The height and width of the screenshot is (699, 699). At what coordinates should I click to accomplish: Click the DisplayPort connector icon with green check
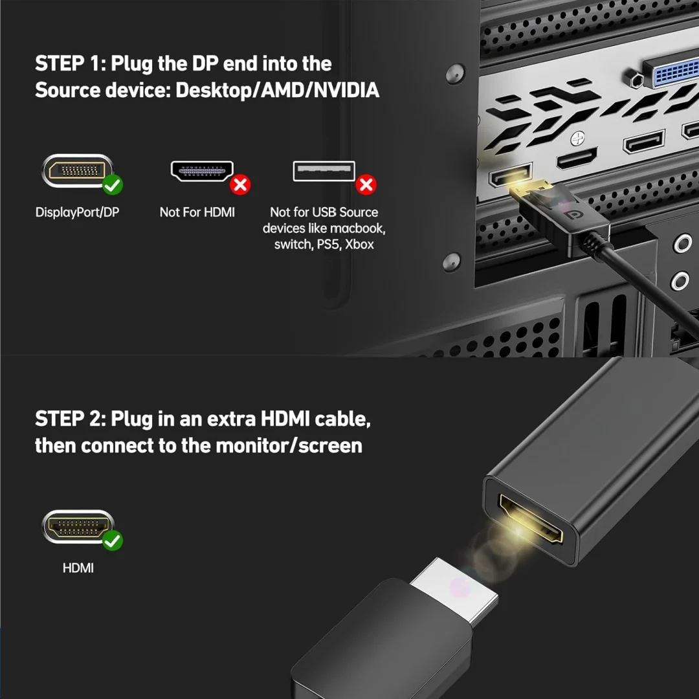pos(76,171)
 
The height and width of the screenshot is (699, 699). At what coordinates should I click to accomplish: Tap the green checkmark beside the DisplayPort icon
pos(113,184)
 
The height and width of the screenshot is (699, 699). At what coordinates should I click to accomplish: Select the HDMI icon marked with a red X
pos(202,171)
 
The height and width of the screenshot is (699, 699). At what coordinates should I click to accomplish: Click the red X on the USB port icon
pos(366,184)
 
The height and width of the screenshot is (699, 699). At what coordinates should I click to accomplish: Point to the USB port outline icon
pos(324,171)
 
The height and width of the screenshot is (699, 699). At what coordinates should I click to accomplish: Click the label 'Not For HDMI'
pos(197,212)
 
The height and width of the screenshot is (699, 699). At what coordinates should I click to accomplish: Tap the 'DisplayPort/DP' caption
pos(77,212)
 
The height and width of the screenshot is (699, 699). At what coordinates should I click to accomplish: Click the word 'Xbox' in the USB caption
pos(359,244)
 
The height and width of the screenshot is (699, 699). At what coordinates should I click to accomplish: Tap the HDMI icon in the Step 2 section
pos(78,526)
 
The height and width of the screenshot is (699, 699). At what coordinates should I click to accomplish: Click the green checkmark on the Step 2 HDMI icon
pos(113,540)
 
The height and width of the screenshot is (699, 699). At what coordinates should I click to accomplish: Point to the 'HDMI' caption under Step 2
pos(78,568)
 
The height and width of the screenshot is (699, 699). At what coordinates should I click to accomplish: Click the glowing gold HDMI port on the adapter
pos(531,518)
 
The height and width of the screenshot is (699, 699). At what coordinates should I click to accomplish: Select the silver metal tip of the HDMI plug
pos(455,591)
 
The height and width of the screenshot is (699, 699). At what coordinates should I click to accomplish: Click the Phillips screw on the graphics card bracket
pos(578,139)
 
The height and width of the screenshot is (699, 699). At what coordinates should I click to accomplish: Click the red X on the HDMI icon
pos(240,184)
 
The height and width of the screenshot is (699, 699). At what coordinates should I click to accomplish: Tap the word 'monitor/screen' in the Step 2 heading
pos(289,446)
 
